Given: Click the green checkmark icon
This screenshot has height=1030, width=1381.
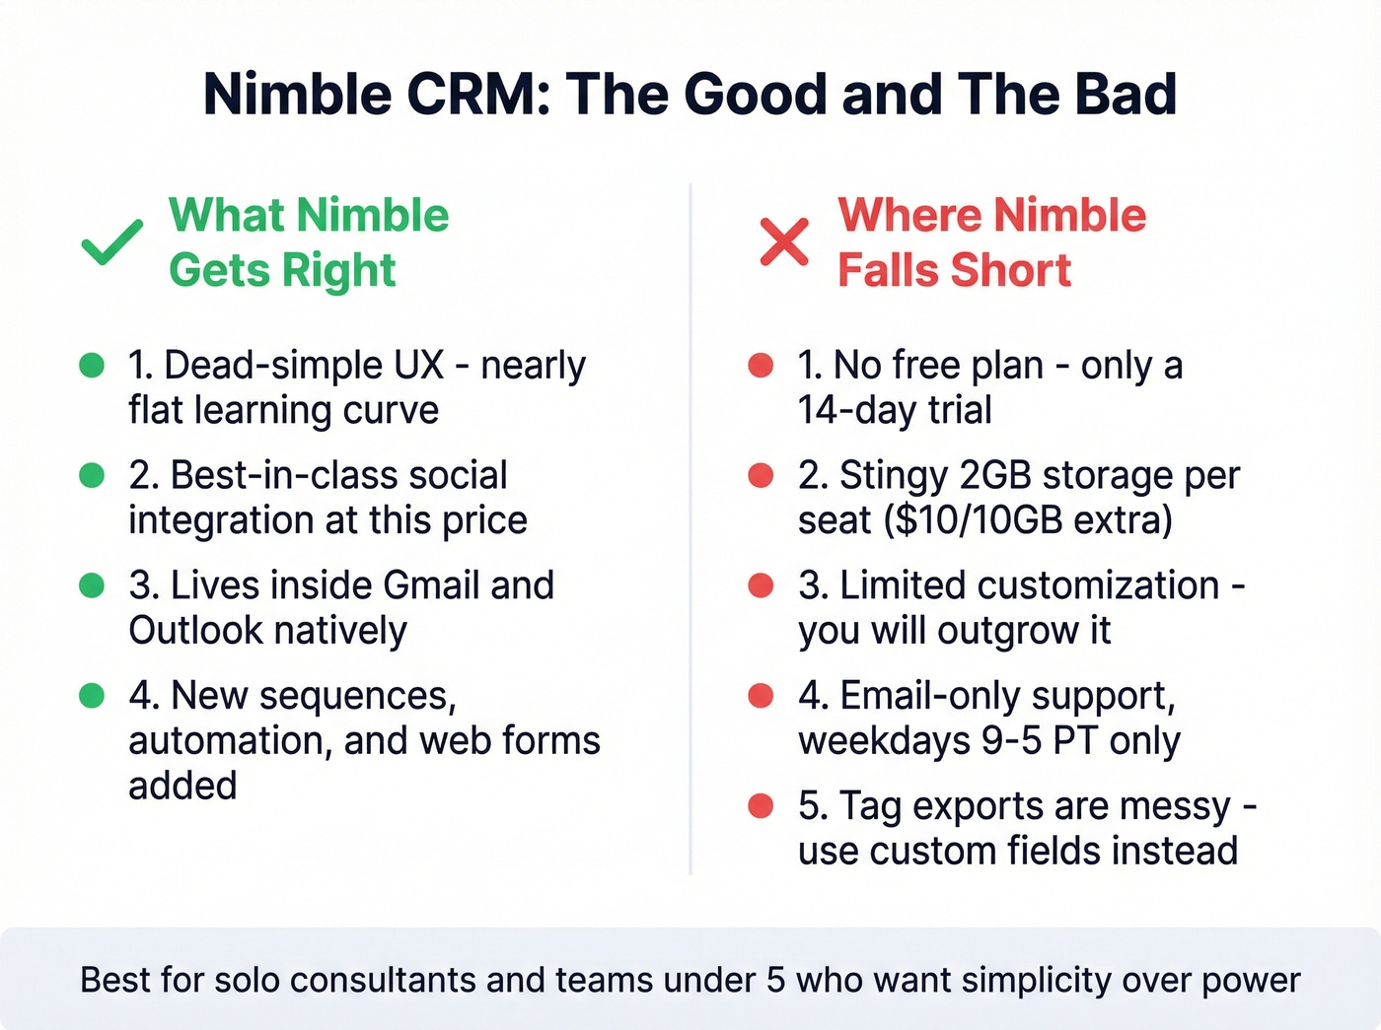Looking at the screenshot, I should [111, 242].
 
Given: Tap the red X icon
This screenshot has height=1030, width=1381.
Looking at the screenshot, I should [784, 241].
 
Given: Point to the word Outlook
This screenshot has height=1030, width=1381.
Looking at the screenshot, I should [195, 631].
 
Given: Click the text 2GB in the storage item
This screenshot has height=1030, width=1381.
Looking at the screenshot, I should [995, 476].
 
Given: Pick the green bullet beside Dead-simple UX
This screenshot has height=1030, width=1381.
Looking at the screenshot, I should [92, 366].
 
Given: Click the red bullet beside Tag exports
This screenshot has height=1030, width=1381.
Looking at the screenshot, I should [761, 806].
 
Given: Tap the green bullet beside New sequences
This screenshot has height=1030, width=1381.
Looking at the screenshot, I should [92, 696].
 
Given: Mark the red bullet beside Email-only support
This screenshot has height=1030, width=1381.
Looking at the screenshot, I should [761, 696].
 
